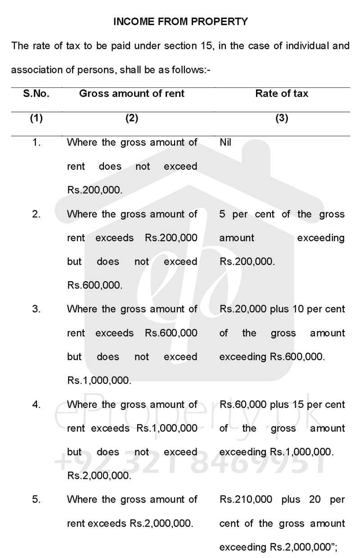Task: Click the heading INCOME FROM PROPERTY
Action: [180, 21]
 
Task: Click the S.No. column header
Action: [36, 94]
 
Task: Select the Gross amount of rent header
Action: [132, 94]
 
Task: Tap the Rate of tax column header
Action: [282, 94]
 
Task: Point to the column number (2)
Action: [131, 118]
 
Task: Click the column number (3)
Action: [282, 118]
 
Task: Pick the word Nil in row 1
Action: [225, 143]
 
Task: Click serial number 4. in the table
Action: [36, 404]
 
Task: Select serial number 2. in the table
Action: [36, 214]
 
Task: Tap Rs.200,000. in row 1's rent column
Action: [94, 190]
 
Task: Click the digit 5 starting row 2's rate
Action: [222, 214]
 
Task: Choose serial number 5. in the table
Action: [36, 499]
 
